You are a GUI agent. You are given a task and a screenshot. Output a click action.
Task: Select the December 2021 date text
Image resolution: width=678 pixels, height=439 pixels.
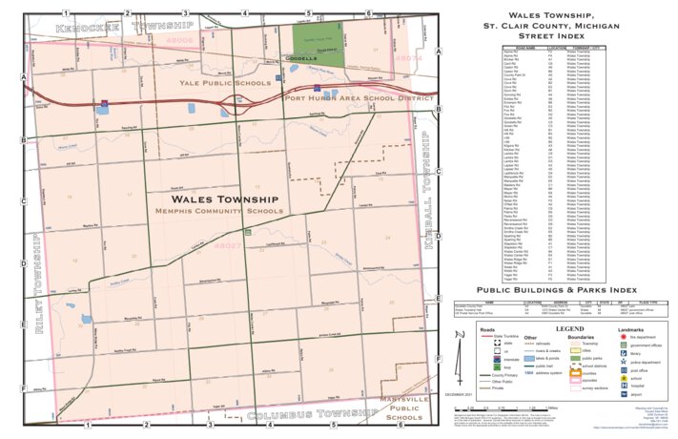(457, 394)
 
